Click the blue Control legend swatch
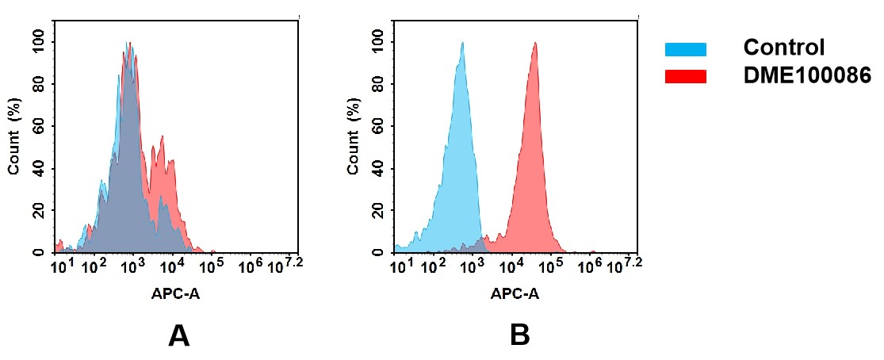(x=684, y=49)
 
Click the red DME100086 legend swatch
(x=684, y=76)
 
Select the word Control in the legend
(x=784, y=48)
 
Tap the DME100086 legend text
(x=806, y=75)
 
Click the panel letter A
(x=178, y=336)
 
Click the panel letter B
(x=519, y=336)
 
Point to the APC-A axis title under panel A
(x=176, y=294)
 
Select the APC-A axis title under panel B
(x=515, y=294)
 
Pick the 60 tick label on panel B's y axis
(x=377, y=126)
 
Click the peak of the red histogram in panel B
(x=535, y=44)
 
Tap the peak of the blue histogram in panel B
(x=462, y=44)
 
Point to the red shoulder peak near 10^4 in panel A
(x=163, y=137)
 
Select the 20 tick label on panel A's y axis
(x=38, y=210)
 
